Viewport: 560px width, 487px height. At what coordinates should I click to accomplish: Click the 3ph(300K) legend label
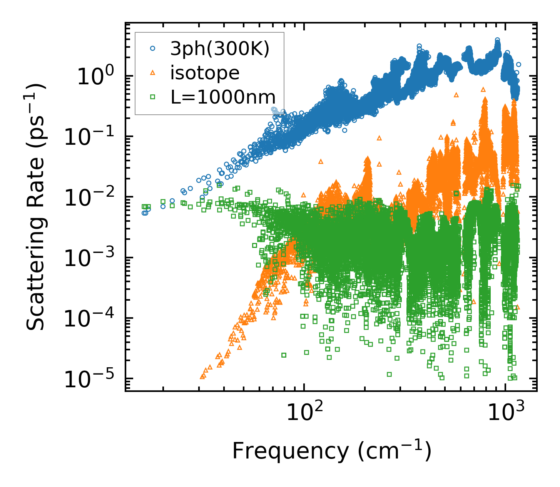tap(220, 49)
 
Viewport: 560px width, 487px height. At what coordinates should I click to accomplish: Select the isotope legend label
tap(205, 73)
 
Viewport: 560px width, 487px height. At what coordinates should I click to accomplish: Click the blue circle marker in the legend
tap(152, 49)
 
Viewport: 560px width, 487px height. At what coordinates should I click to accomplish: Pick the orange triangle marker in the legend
tap(152, 73)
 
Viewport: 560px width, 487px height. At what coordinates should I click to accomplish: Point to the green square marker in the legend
tap(152, 97)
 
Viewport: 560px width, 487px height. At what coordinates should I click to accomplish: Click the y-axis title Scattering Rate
tap(37, 206)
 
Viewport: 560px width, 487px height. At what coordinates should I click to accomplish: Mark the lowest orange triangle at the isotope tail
tap(202, 376)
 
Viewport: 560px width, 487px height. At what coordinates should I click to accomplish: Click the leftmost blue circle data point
tap(144, 213)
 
